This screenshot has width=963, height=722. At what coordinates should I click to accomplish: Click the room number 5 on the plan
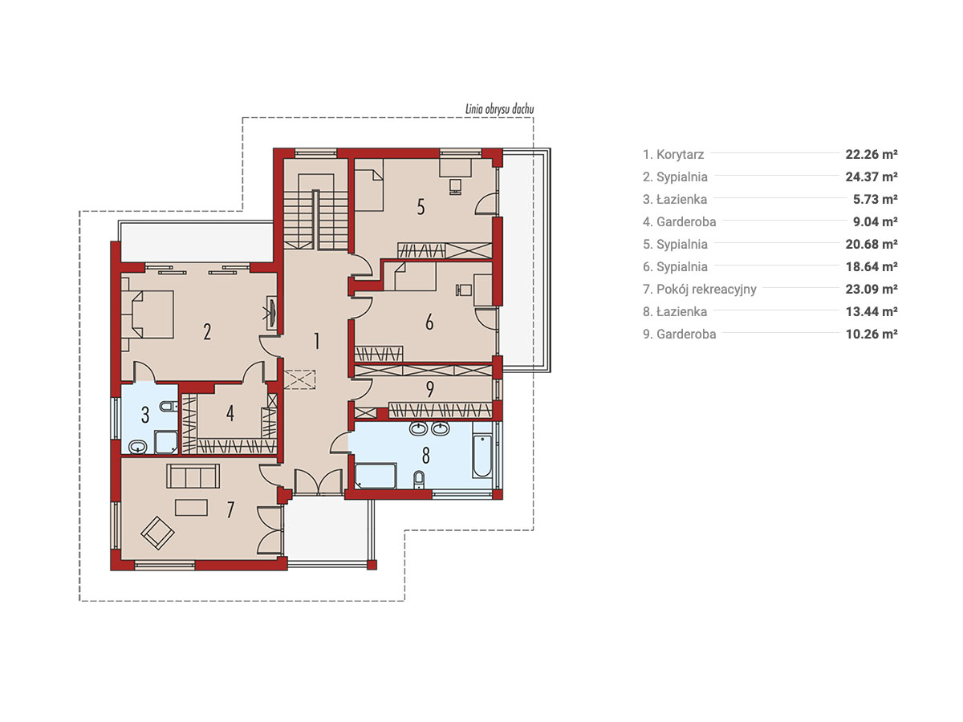tap(421, 207)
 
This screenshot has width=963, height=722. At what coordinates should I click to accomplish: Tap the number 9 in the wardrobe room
tap(430, 389)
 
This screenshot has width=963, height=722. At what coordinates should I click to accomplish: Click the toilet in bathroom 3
tap(168, 407)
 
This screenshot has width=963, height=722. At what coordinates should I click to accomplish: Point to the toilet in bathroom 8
tap(420, 480)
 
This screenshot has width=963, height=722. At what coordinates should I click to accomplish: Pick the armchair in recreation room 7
tap(157, 533)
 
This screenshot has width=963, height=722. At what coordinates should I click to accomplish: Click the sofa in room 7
tap(193, 476)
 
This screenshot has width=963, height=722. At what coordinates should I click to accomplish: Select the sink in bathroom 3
tap(138, 447)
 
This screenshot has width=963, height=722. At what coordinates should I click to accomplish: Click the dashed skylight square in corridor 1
tap(299, 379)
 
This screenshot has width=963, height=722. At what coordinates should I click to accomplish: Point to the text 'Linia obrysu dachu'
tap(499, 109)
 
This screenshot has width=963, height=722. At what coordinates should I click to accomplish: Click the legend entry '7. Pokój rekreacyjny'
tap(699, 290)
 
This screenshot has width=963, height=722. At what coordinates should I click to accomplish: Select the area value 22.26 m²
tap(872, 154)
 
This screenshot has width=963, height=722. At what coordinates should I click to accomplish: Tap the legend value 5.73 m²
tap(876, 200)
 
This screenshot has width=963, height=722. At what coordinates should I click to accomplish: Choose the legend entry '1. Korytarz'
tap(673, 154)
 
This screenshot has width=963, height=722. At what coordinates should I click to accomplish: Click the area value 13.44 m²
tap(872, 312)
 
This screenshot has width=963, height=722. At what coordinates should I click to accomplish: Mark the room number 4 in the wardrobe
tap(230, 413)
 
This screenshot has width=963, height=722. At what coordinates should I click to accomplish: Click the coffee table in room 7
tap(191, 507)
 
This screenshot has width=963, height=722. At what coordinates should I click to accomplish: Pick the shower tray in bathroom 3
tap(166, 442)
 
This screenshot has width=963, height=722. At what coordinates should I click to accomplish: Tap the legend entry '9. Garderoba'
tap(679, 334)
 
